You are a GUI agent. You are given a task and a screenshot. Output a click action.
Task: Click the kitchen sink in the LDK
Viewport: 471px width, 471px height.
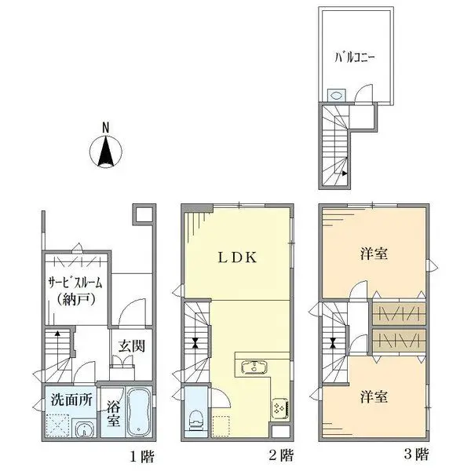[252, 366]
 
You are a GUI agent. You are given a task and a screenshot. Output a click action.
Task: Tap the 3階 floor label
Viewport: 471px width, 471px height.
[418, 455]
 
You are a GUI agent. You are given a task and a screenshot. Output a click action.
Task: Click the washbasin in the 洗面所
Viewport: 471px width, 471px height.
[83, 428]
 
